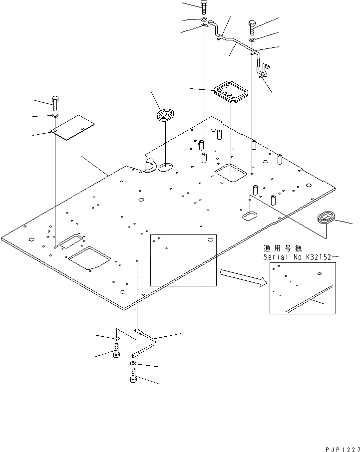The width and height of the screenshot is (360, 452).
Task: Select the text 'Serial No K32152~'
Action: point(301,256)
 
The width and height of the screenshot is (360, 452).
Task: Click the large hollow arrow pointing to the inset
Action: point(240,278)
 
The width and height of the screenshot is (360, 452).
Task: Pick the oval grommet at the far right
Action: point(327,218)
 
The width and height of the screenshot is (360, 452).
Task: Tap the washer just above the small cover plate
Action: point(54,116)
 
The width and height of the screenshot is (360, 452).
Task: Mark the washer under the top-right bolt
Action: point(252,39)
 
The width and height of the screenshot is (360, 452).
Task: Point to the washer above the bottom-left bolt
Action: point(116,339)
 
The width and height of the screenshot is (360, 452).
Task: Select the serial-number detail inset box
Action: point(303,288)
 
